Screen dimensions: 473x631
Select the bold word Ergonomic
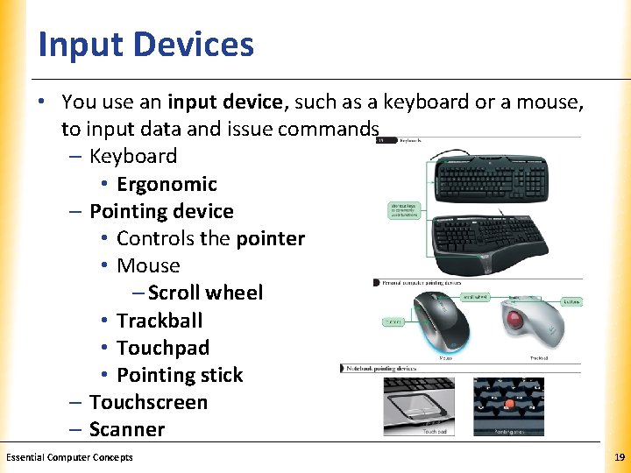point(167,184)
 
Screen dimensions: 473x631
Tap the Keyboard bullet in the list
point(133,156)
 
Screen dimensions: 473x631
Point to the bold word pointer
point(271,238)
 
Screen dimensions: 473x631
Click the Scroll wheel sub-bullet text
point(205,293)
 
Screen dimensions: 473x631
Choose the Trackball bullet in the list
point(160,321)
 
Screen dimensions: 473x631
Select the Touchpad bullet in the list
point(163,348)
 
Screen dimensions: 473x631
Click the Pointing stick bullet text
point(180,375)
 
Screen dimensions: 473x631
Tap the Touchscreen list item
point(148,402)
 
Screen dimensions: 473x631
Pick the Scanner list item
point(127,429)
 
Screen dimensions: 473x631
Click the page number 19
point(620,457)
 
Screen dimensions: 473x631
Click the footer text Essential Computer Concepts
point(69,457)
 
